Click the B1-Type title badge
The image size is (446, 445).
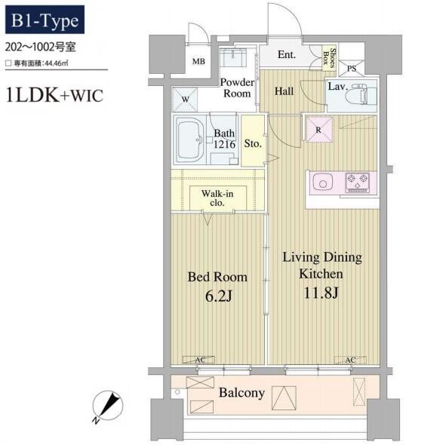point(45,20)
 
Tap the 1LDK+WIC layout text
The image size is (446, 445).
point(54,95)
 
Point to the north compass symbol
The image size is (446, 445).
point(107,406)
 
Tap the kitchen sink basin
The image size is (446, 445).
point(322,183)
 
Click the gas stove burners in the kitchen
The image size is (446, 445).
point(358,183)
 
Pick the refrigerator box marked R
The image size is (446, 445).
point(318,130)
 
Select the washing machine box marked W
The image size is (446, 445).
point(185,100)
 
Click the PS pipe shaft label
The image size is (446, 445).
point(352,69)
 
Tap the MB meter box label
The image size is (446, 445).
point(198,61)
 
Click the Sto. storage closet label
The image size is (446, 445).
point(253,143)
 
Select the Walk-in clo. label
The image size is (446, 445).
point(217,198)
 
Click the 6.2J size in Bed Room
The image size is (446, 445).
point(218,296)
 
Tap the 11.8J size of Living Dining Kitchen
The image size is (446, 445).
point(321,293)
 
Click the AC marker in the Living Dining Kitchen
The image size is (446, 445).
point(350,360)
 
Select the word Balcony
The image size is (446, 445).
point(241,393)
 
